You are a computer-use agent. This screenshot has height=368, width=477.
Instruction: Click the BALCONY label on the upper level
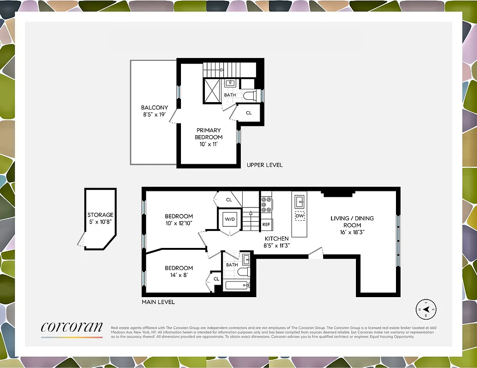[x=154, y=108]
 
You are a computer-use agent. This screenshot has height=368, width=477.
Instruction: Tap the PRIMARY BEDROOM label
[x=209, y=133]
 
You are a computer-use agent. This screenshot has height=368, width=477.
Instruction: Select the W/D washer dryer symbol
[x=229, y=219]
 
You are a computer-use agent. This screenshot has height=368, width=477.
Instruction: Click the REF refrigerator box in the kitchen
[x=266, y=224]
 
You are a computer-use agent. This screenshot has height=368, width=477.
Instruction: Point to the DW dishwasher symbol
[x=299, y=215]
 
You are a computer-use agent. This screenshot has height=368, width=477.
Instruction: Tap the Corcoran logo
[x=71, y=327]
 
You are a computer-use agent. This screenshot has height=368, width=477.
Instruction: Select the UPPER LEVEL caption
[x=265, y=165]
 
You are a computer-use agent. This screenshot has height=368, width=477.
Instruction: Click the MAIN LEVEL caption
[x=158, y=302]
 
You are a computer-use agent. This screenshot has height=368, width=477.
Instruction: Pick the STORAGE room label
[x=100, y=215]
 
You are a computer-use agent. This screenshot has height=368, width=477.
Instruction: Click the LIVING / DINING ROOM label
[x=352, y=222]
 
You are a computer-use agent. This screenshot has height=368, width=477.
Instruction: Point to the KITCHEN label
[x=276, y=239]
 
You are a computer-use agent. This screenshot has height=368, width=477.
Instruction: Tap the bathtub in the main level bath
[x=237, y=285]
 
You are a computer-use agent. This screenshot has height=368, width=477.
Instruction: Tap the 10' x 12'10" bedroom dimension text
[x=179, y=223]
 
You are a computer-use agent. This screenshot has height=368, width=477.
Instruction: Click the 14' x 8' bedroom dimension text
[x=179, y=275]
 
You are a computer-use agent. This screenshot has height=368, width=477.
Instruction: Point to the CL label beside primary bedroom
[x=249, y=113]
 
